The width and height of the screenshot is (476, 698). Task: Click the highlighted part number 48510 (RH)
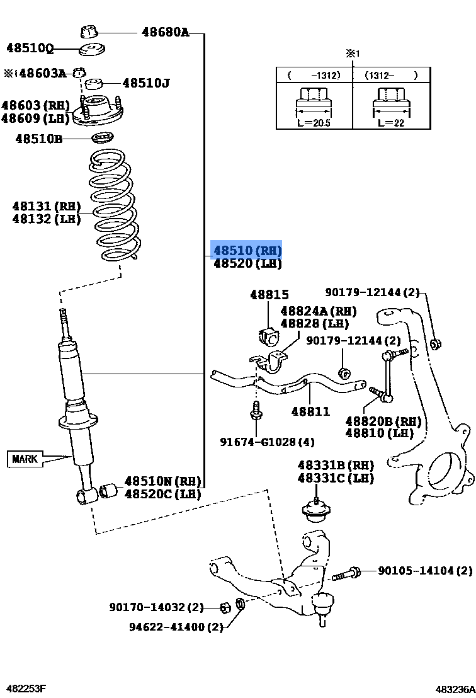click(247, 250)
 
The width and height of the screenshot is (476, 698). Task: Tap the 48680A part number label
click(165, 31)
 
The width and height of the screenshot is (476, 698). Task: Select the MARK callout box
click(25, 459)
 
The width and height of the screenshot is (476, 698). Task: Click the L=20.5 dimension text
click(313, 123)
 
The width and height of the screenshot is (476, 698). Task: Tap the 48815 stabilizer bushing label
click(269, 294)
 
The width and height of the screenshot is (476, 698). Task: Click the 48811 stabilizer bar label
click(310, 411)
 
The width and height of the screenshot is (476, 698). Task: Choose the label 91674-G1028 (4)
click(267, 442)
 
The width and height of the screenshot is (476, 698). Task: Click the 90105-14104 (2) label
click(424, 571)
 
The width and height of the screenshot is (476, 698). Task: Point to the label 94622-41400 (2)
click(176, 627)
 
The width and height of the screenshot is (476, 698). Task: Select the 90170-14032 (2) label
click(156, 607)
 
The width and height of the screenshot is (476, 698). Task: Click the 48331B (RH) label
click(335, 465)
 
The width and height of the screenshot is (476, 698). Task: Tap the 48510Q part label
click(30, 47)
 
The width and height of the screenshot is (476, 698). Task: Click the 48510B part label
click(39, 139)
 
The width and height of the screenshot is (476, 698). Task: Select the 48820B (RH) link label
click(383, 421)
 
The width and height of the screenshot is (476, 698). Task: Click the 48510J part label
click(146, 83)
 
